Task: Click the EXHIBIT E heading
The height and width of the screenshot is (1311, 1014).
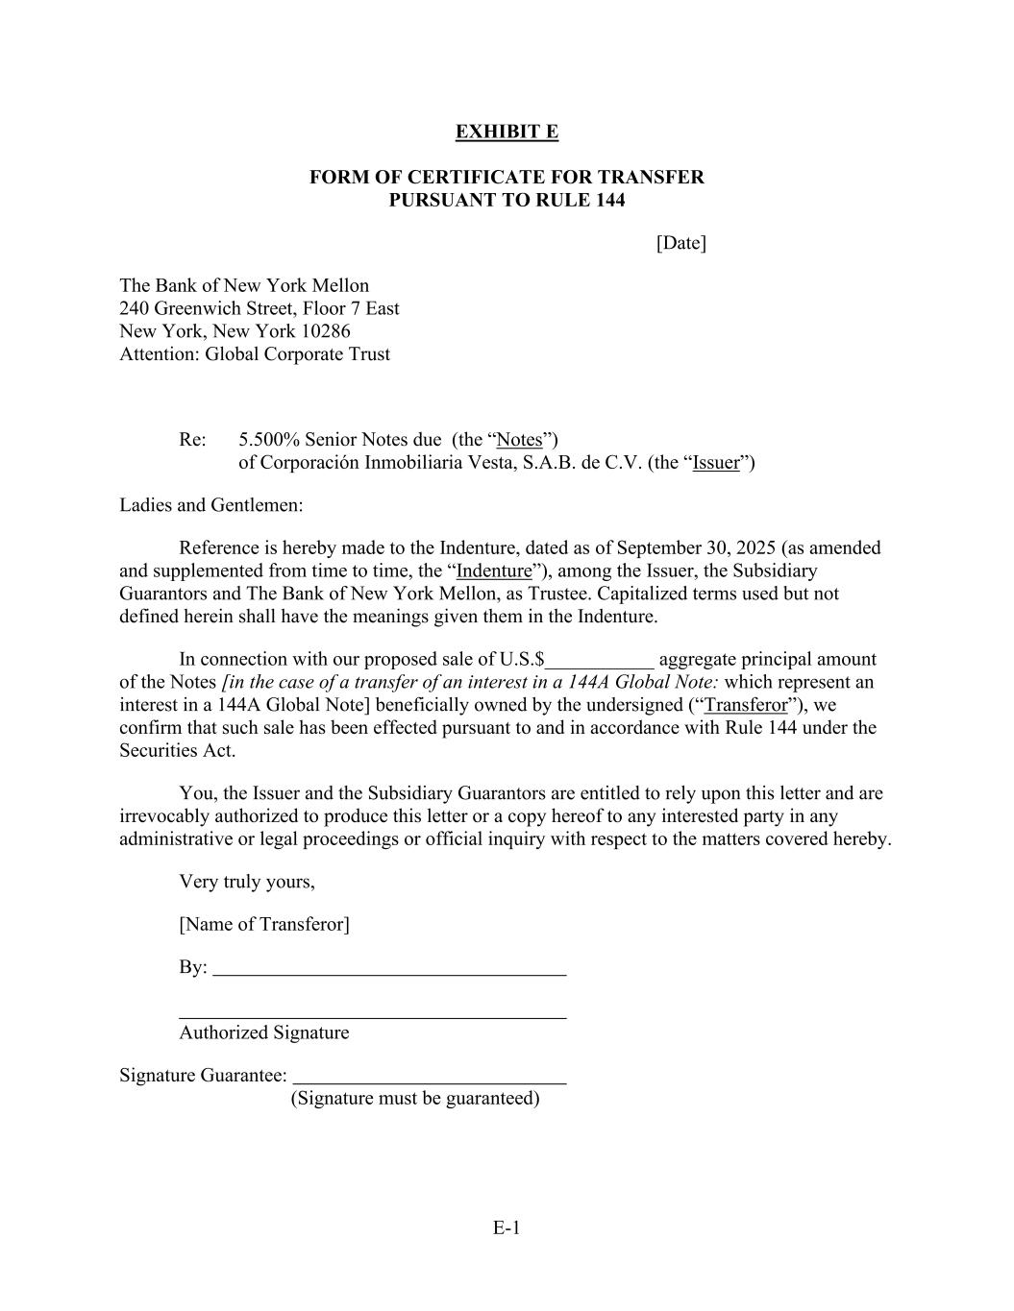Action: [x=507, y=132]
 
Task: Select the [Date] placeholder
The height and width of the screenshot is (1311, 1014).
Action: [x=680, y=243]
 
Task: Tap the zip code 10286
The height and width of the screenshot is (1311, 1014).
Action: [x=326, y=331]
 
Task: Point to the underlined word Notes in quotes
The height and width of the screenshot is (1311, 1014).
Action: [x=519, y=440]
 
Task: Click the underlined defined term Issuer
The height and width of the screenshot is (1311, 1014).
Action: [x=716, y=463]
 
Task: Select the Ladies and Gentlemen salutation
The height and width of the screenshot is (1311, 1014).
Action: [x=211, y=505]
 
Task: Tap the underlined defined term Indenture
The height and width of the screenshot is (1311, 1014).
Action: [x=493, y=571]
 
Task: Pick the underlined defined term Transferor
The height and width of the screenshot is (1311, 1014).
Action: [x=746, y=705]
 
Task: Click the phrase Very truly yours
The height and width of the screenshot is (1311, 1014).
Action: [x=246, y=882]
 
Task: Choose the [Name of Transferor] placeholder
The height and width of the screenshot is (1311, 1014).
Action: [x=264, y=925]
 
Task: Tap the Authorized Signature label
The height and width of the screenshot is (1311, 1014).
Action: [x=264, y=1033]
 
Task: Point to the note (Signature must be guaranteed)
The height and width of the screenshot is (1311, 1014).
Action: [x=415, y=1099]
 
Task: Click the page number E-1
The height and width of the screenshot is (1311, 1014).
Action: [x=507, y=1227]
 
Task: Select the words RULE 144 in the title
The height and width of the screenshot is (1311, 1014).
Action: [x=579, y=201]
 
